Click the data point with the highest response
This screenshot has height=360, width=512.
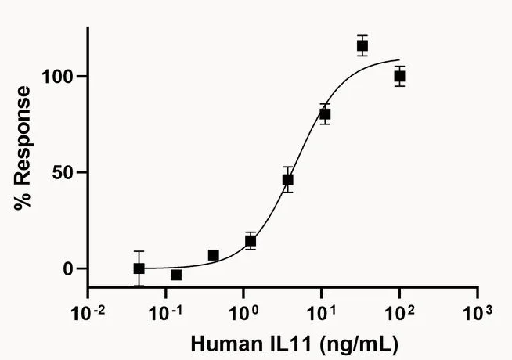(362, 45)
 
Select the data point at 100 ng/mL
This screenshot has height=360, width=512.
(399, 77)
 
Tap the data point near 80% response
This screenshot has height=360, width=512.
(324, 114)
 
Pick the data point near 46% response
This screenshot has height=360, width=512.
(288, 179)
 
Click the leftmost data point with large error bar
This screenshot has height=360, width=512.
(139, 268)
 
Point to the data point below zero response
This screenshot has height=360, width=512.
(176, 275)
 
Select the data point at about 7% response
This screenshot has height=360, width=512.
(213, 255)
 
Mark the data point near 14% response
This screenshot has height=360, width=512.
(251, 241)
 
